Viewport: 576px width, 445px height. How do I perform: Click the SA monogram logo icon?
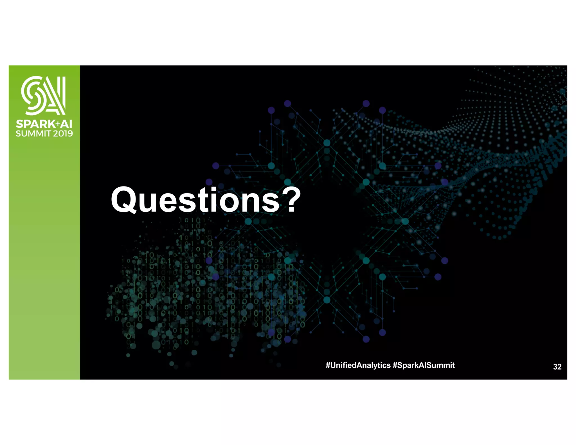[44, 95]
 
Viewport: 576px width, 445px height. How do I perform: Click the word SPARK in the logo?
[35, 124]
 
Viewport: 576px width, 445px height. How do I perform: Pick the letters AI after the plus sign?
[67, 124]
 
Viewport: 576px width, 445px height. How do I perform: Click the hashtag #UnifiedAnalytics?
[358, 365]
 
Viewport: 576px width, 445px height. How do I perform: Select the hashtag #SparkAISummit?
[423, 365]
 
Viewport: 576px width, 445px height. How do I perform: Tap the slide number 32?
[557, 367]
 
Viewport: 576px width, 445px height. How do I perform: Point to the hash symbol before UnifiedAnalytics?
[328, 365]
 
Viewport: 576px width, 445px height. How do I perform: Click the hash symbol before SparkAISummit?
[395, 365]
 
